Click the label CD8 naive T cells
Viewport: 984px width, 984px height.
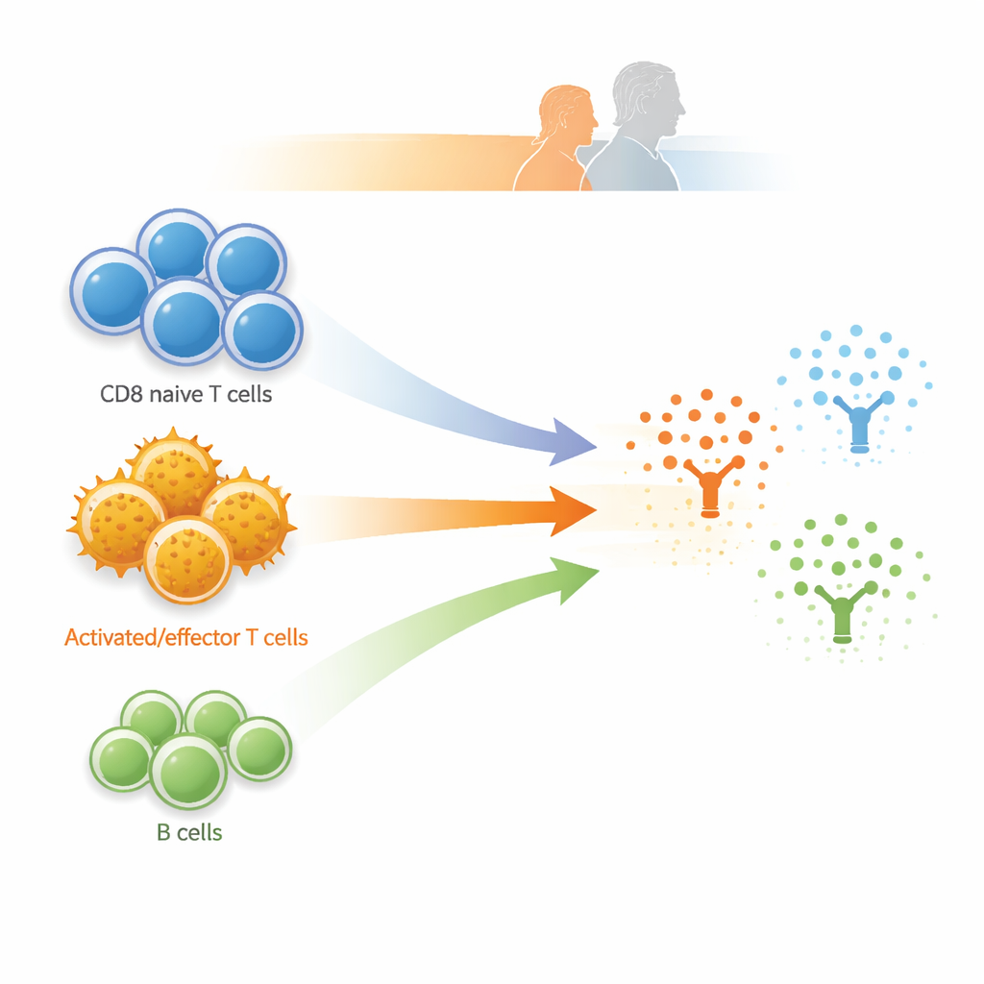pyautogui.click(x=185, y=394)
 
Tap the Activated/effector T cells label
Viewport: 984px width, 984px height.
pyautogui.click(x=186, y=636)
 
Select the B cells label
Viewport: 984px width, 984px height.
pyautogui.click(x=189, y=832)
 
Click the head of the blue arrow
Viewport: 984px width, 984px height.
pyautogui.click(x=575, y=443)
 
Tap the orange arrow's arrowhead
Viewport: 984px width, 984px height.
pyautogui.click(x=576, y=510)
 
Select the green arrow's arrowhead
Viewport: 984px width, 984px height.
pyautogui.click(x=577, y=577)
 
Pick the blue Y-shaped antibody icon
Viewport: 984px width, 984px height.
pyautogui.click(x=859, y=423)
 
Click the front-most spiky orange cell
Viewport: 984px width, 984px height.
pyautogui.click(x=188, y=559)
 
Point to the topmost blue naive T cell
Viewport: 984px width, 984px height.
pyautogui.click(x=178, y=249)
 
